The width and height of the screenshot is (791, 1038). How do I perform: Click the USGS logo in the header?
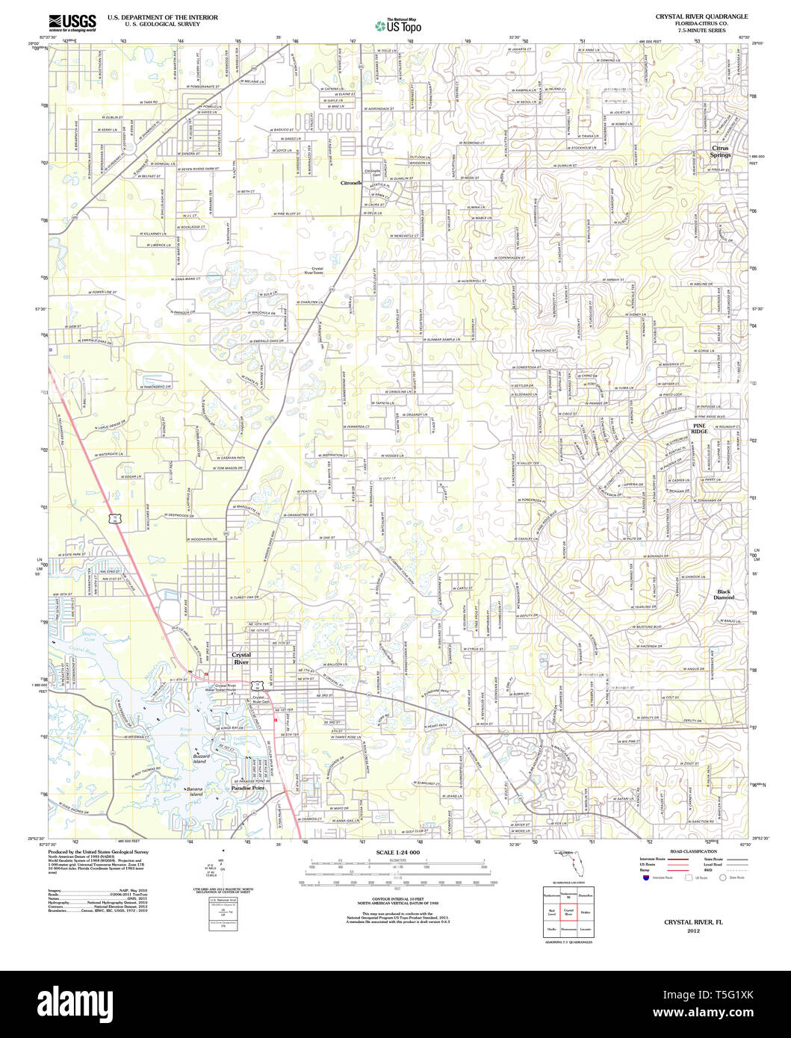pos(72,22)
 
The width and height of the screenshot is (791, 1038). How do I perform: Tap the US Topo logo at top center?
pos(403,25)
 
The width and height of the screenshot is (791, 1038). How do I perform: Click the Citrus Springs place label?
pos(722,152)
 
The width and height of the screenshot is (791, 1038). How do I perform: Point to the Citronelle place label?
pos(351,182)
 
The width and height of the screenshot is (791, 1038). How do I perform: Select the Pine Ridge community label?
pos(698,428)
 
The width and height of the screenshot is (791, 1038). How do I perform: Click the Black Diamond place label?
pos(724,594)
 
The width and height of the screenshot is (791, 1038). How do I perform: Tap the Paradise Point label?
pos(247,789)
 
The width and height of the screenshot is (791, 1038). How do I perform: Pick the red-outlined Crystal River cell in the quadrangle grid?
pos(568,913)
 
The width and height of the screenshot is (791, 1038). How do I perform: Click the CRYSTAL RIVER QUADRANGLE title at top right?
pos(690,16)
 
